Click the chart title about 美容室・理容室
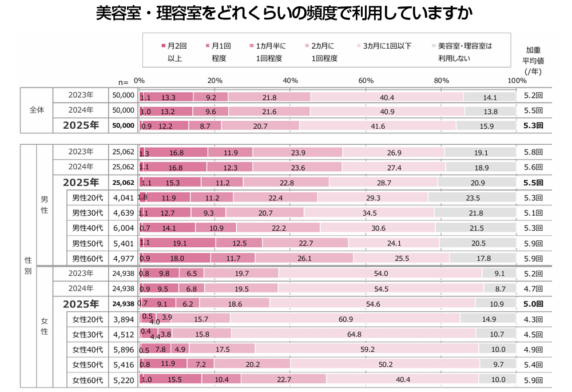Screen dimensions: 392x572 tap(284, 13)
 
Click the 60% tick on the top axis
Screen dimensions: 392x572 tap(366, 81)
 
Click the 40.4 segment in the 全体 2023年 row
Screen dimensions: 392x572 tap(387, 97)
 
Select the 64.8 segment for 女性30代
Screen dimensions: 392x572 tap(353, 334)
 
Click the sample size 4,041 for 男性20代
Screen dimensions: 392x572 tap(124, 198)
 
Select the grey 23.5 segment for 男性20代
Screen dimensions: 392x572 tap(472, 198)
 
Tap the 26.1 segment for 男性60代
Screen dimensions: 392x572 tap(304, 258)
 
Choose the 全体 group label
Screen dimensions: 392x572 tap(36, 111)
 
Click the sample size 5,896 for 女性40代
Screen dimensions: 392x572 tap(124, 349)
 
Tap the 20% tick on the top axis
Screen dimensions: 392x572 tap(214, 81)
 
